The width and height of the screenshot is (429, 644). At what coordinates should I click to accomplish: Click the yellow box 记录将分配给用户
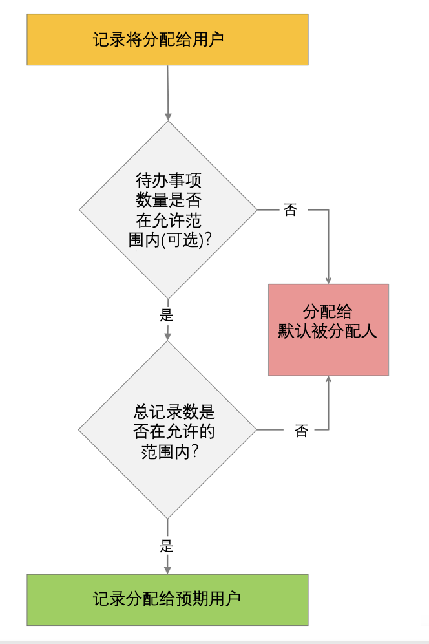pyautogui.click(x=167, y=39)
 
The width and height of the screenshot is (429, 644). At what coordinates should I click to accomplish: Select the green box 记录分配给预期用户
pyautogui.click(x=167, y=599)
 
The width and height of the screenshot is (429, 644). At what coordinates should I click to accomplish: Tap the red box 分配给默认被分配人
pyautogui.click(x=328, y=330)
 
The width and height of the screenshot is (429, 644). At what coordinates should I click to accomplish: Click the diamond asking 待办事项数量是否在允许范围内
pyautogui.click(x=168, y=209)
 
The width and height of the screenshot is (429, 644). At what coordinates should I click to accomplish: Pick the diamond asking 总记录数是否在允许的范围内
pyautogui.click(x=167, y=430)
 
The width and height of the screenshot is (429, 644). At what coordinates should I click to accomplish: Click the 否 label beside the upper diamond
pyautogui.click(x=290, y=210)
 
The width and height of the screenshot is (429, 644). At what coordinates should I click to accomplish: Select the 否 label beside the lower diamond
pyautogui.click(x=301, y=431)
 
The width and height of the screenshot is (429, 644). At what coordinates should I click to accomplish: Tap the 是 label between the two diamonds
pyautogui.click(x=167, y=316)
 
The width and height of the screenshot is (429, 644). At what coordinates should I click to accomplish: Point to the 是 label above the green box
pyautogui.click(x=167, y=545)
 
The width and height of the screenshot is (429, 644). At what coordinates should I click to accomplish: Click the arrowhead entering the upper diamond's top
pyautogui.click(x=168, y=116)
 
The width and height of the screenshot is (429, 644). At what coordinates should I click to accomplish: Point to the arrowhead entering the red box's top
pyautogui.click(x=328, y=280)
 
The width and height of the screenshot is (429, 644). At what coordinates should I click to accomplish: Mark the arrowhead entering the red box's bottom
pyautogui.click(x=328, y=380)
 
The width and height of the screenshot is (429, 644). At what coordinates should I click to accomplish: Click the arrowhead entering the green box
pyautogui.click(x=167, y=570)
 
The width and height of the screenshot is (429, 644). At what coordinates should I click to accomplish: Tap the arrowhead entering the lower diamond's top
pyautogui.click(x=167, y=336)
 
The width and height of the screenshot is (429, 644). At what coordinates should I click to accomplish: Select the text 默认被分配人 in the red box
pyautogui.click(x=328, y=332)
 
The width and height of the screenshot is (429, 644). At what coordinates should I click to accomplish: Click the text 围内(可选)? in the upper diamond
pyautogui.click(x=171, y=239)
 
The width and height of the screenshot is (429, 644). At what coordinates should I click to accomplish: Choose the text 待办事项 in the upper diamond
pyautogui.click(x=169, y=180)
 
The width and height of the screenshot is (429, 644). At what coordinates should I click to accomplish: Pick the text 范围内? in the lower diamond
pyautogui.click(x=169, y=451)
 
